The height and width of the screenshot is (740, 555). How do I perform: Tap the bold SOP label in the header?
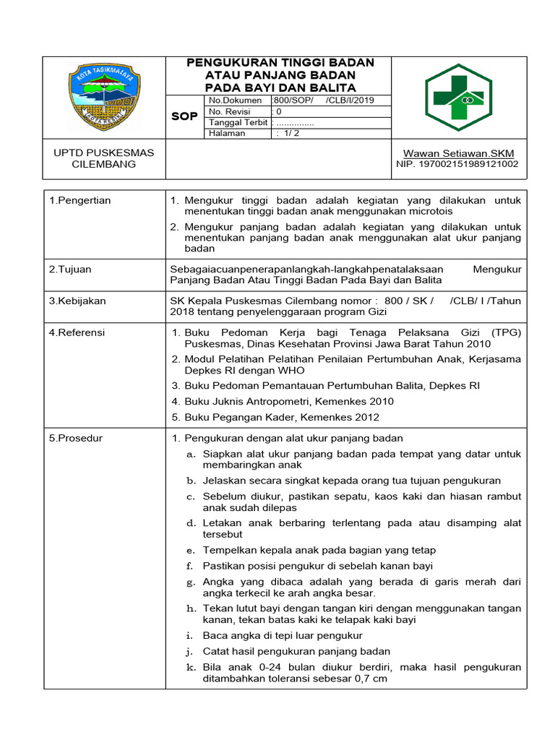click(184, 116)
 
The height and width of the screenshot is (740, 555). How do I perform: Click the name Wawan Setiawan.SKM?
click(453, 153)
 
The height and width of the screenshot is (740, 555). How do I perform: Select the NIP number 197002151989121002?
click(457, 164)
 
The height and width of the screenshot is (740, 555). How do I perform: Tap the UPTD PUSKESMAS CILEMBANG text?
click(94, 158)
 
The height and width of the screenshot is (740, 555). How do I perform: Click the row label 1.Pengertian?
click(80, 200)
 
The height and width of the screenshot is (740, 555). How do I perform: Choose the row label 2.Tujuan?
click(70, 269)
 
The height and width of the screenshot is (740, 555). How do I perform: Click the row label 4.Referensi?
click(77, 332)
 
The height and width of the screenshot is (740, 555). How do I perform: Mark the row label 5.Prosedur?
click(76, 438)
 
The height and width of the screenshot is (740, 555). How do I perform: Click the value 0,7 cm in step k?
click(370, 679)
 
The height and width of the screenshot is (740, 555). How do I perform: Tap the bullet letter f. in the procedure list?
click(191, 566)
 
